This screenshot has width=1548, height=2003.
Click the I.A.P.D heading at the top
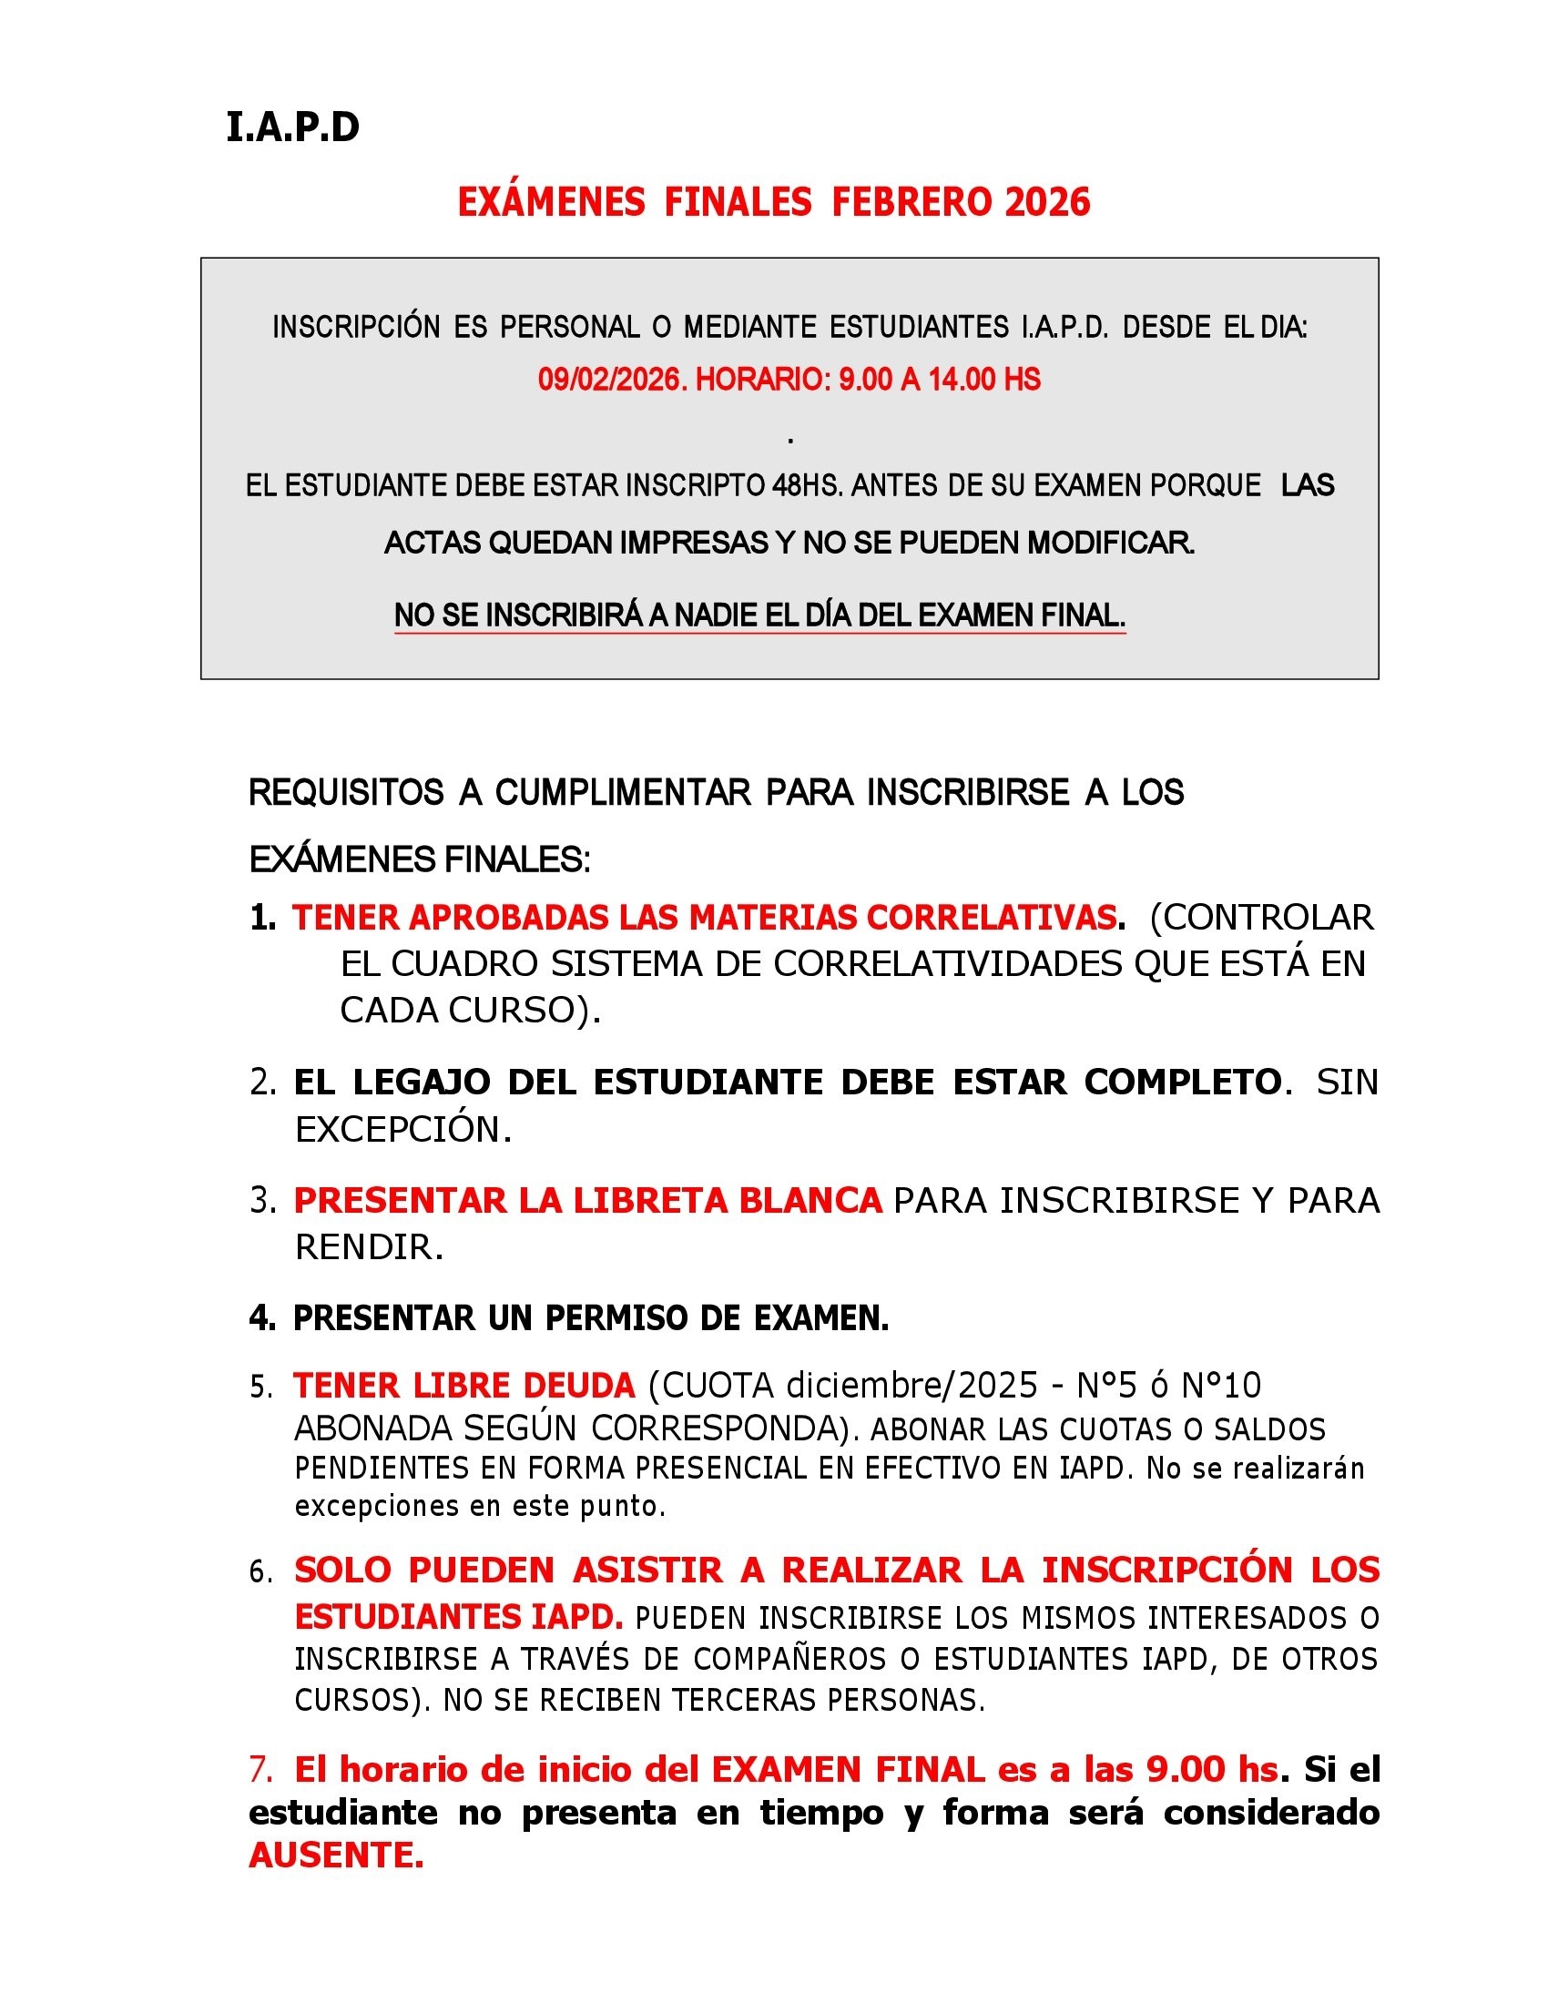(292, 128)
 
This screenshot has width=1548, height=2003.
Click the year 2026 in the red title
(1047, 203)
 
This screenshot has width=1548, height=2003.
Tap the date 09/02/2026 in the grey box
(612, 380)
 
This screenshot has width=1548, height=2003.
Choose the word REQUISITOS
(346, 792)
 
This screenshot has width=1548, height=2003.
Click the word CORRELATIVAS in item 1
(993, 918)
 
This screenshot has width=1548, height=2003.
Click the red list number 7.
(260, 1769)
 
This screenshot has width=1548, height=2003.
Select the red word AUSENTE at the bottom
(335, 1856)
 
